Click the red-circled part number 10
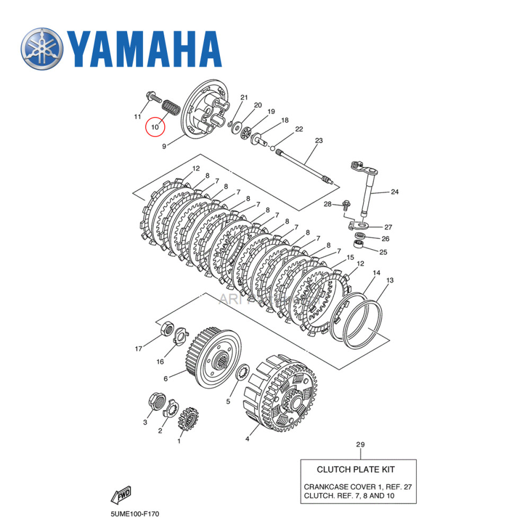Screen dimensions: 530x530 155,127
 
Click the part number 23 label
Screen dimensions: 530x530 319,140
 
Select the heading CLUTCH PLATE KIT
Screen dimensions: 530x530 356,469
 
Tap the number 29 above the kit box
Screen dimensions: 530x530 360,444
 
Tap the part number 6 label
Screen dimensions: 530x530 165,378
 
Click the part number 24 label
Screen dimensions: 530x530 395,192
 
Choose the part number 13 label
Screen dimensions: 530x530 390,280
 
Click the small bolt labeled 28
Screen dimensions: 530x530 347,204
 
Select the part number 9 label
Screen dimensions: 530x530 164,146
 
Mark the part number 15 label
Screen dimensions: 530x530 350,257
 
